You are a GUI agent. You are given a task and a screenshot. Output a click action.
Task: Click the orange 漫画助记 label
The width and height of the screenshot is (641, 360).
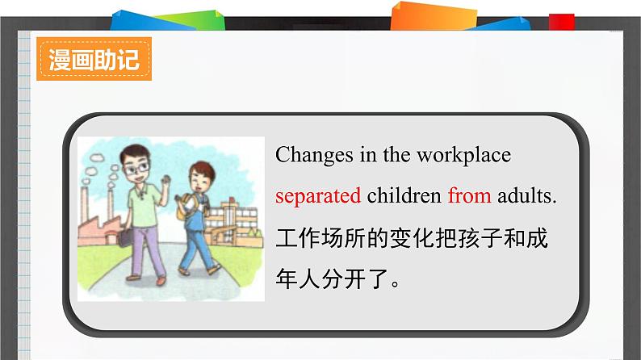[94, 59]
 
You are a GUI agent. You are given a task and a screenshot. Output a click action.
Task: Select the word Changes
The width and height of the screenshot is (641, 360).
[314, 156]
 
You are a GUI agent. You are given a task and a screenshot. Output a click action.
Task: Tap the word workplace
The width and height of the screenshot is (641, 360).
[463, 156]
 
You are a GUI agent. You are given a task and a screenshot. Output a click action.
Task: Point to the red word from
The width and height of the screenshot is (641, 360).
[469, 195]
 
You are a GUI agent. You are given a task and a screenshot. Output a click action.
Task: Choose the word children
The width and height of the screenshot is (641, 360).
[404, 195]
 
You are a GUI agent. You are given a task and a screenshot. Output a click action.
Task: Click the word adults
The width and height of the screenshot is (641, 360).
[526, 195]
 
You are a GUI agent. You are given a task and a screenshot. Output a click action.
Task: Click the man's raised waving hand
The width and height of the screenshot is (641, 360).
[166, 180]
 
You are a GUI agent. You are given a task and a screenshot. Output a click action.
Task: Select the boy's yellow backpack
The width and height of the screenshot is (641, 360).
[185, 208]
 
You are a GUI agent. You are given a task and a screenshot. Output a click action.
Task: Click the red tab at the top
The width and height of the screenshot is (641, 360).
[562, 22]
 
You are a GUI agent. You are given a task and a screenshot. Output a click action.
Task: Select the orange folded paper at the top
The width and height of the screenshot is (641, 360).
[434, 16]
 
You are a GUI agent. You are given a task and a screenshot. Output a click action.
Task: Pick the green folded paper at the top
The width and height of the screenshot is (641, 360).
[192, 20]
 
